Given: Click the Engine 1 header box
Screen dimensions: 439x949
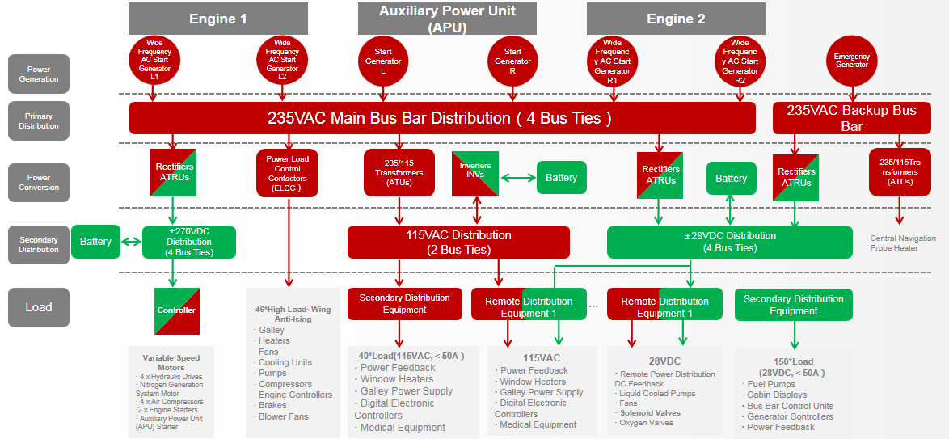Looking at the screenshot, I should tap(217, 19).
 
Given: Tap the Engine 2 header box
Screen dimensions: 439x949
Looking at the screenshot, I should tap(676, 19).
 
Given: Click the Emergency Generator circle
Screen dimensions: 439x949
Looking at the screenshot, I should tap(851, 61).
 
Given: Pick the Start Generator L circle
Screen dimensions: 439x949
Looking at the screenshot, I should tap(382, 61).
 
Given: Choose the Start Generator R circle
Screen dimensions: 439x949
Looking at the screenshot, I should tap(512, 61).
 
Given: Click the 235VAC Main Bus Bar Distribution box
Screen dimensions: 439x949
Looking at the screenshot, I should tap(442, 118).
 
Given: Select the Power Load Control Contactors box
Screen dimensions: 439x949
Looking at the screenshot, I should tap(288, 172).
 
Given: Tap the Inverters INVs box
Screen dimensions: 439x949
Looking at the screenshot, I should tap(475, 173).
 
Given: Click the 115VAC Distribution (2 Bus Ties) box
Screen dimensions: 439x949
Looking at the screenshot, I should tap(458, 243).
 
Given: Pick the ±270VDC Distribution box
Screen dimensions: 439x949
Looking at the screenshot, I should tap(188, 243).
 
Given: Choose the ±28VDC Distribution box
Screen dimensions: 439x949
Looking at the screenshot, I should tap(729, 243).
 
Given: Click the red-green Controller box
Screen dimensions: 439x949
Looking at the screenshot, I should tap(176, 310).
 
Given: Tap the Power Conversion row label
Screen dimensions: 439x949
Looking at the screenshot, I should tap(39, 183).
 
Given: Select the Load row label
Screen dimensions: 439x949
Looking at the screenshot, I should tap(39, 307).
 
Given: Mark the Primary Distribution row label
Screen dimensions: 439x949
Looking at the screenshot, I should tap(39, 121).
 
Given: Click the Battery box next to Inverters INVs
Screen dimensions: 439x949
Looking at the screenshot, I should tap(561, 178).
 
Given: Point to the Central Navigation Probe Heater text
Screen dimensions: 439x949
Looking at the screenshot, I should tap(903, 243).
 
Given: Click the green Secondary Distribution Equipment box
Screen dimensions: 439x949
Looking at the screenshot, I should tap(793, 305).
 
